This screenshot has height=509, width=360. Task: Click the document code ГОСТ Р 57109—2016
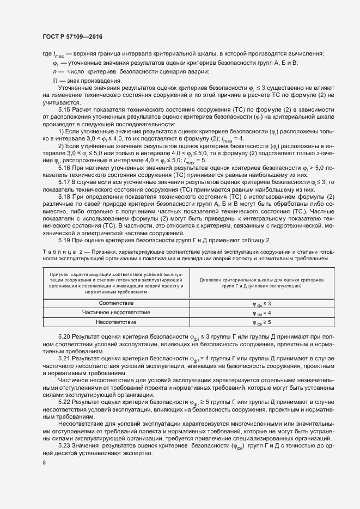coord(72,36)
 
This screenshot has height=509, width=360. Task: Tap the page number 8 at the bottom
coord(44,463)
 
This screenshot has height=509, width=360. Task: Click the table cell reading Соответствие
coord(116,303)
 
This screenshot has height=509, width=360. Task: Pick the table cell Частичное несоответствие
coord(116,312)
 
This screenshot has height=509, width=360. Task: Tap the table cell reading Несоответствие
coord(116,322)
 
